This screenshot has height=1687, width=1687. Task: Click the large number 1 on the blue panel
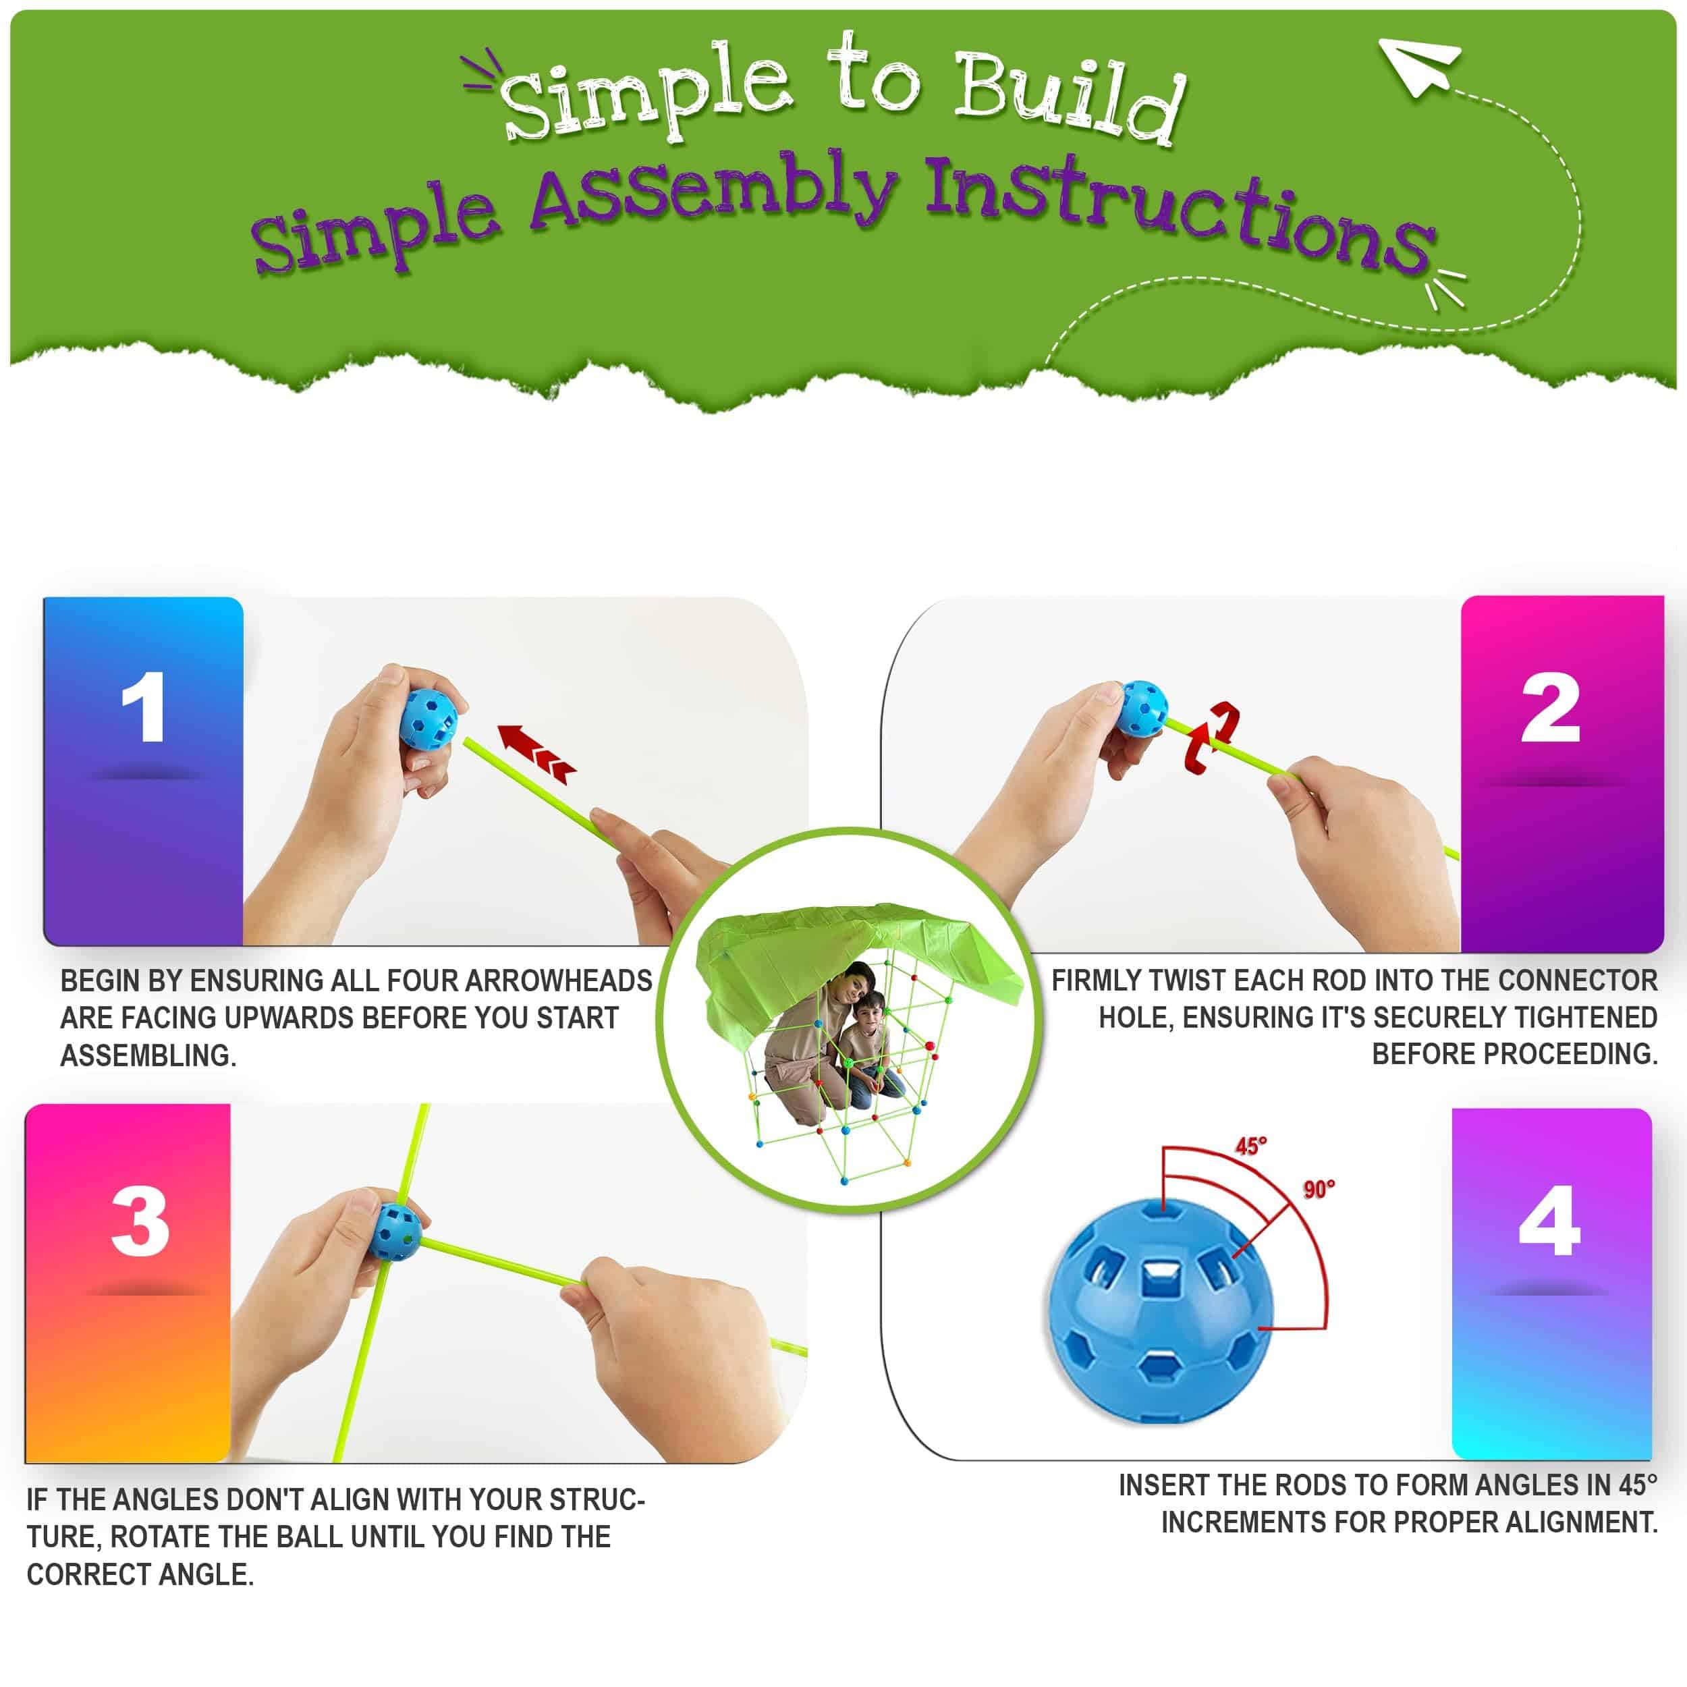(x=144, y=707)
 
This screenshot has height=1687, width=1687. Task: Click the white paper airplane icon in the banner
(x=1416, y=65)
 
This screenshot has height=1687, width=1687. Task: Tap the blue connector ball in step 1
(x=428, y=719)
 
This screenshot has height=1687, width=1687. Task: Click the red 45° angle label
(x=1250, y=1146)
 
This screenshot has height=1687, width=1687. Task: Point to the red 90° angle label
(x=1319, y=1189)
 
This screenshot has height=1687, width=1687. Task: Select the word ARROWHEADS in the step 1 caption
(x=558, y=980)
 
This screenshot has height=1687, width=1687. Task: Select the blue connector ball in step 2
(x=1142, y=708)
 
